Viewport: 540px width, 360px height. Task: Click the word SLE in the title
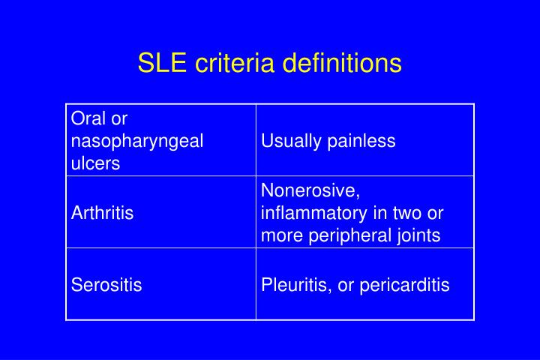point(162,63)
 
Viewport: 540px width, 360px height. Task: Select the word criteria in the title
point(235,63)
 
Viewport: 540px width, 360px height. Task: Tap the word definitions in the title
point(342,63)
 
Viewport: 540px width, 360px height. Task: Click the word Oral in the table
point(88,118)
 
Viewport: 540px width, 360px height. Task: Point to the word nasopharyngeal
point(137,142)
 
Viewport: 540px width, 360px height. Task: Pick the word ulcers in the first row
point(95,163)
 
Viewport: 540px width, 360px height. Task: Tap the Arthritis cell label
point(102,212)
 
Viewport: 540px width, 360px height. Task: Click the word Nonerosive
point(310,190)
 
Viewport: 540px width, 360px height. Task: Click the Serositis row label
point(106,285)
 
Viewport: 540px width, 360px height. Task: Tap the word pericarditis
point(405,286)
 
